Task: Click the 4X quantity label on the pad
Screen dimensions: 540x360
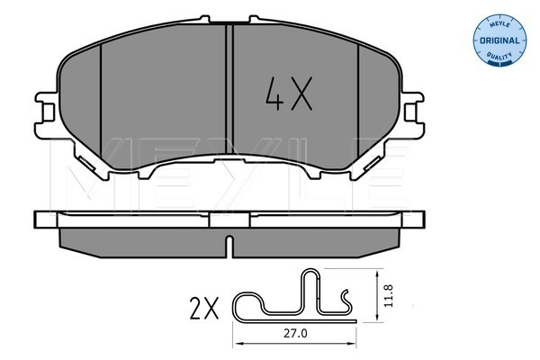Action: (289, 94)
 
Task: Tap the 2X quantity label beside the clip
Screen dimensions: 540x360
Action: (204, 308)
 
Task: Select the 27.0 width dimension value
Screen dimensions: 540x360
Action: (295, 334)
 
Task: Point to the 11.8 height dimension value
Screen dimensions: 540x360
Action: (389, 295)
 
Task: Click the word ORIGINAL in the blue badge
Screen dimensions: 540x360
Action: (499, 40)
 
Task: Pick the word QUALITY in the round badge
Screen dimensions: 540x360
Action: (499, 56)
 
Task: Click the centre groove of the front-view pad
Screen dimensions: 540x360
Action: (229, 89)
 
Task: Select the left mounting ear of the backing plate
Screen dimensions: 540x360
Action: (47, 113)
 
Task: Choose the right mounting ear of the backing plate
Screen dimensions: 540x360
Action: (412, 113)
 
